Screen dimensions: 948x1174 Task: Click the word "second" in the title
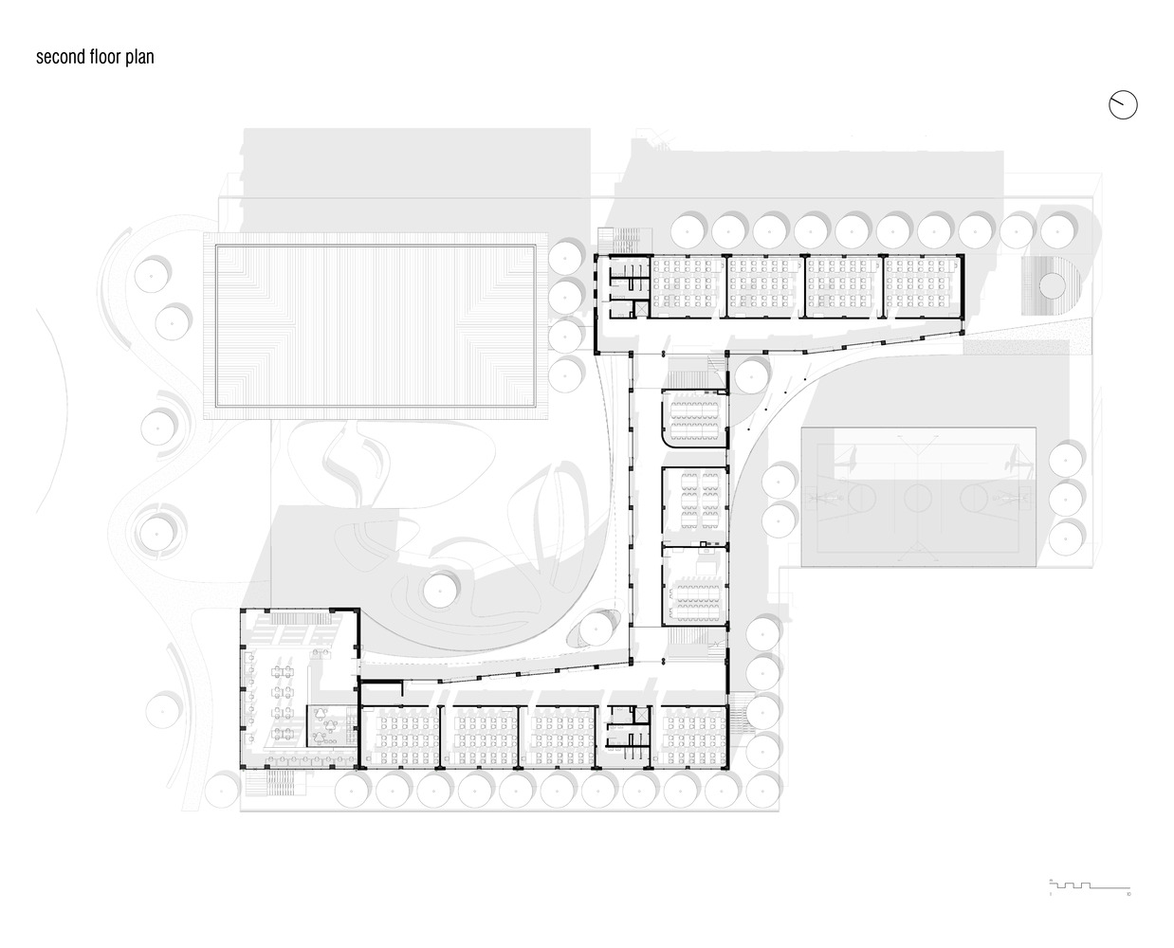tap(58, 57)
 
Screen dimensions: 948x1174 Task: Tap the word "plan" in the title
tap(140, 57)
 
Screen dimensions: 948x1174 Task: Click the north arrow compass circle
tap(1123, 105)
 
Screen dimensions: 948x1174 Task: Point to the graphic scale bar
tap(1090, 886)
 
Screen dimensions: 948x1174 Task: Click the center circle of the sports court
tap(917, 496)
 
